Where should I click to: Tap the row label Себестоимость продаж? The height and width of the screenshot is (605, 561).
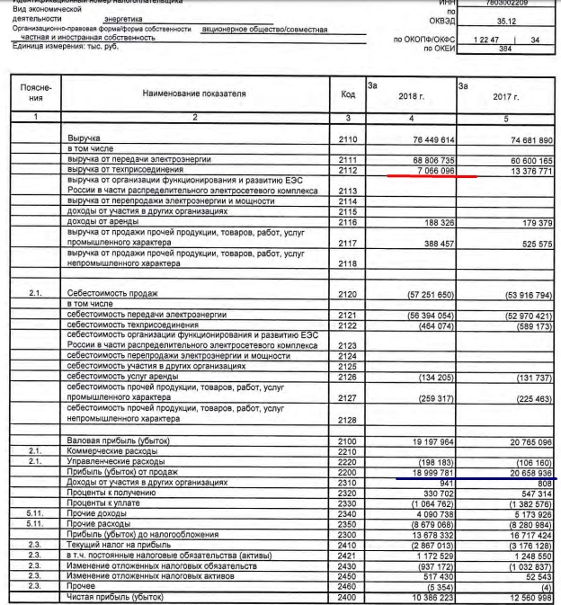coord(108,294)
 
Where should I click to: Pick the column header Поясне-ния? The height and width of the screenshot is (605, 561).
coord(33,93)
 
